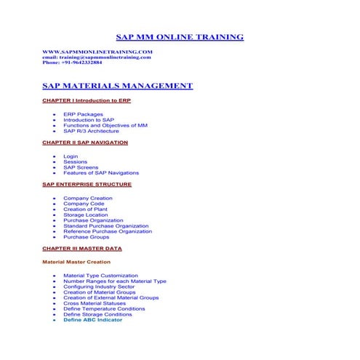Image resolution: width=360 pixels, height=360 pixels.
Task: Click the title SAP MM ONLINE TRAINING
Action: [180, 37]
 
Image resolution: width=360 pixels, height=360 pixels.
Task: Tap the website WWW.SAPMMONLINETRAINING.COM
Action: [97, 52]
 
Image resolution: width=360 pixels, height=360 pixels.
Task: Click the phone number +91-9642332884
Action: [72, 63]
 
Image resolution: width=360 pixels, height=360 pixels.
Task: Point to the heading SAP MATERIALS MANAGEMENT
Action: [118, 86]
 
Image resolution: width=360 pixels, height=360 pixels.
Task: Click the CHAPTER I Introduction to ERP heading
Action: [87, 100]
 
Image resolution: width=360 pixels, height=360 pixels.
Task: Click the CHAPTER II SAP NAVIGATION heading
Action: [85, 143]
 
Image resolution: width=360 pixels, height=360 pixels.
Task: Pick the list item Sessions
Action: [75, 162]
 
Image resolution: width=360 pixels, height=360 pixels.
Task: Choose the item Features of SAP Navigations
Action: [100, 173]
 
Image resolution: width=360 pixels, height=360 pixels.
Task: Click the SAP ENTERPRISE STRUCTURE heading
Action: [87, 185]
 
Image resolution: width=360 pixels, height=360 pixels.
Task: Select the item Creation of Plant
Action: [85, 209]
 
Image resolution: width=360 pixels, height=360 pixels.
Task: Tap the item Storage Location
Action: [85, 215]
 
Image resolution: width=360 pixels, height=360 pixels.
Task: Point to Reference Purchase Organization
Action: [108, 231]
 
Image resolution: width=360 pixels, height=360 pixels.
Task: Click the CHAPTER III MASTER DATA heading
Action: [82, 249]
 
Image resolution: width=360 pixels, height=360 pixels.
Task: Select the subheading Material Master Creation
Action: [76, 262]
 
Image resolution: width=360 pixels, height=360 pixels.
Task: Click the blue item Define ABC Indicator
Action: [92, 320]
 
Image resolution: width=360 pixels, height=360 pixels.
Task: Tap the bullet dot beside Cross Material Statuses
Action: [55, 303]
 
